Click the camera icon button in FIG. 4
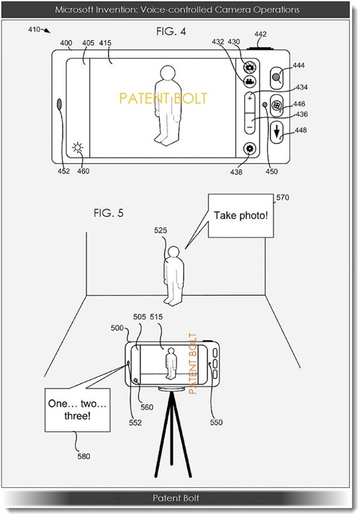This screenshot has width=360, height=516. [250, 67]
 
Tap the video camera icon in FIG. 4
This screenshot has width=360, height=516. [250, 81]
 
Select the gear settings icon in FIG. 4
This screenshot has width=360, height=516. [250, 149]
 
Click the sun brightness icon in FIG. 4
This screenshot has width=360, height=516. [78, 148]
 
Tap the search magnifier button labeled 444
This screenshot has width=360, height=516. [276, 78]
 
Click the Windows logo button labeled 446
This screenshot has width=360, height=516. [276, 106]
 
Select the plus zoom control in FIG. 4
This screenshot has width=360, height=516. [250, 98]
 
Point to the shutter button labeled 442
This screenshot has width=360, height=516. [260, 48]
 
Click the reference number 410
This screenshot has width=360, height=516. [35, 30]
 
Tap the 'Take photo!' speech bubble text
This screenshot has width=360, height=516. [240, 216]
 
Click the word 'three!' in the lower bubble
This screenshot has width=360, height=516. [77, 416]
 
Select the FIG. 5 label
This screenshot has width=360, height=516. [109, 213]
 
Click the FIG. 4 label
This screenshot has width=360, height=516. [171, 31]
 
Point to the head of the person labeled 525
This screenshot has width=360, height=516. [174, 253]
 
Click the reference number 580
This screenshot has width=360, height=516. [84, 456]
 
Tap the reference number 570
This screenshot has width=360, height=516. [282, 197]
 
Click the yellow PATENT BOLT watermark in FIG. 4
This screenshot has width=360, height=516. [163, 99]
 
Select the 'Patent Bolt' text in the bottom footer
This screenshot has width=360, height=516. [176, 498]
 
